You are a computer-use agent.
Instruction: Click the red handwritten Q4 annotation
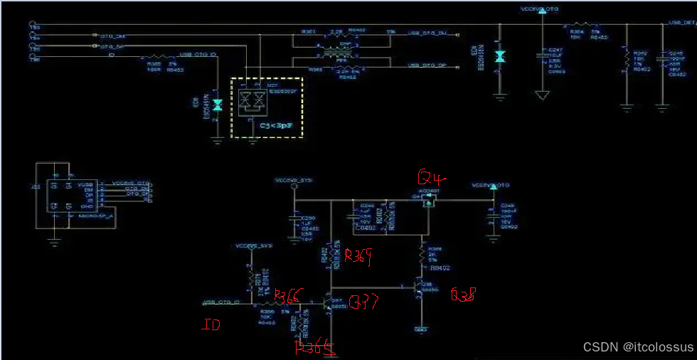coord(430,177)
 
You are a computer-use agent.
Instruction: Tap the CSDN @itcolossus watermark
coord(638,346)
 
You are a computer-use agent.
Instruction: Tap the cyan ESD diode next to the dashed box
coord(218,105)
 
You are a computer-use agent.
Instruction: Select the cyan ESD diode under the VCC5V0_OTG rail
coord(499,55)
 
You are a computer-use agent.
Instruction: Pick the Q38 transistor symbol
coord(417,289)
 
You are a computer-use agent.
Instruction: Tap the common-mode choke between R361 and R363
coord(328,51)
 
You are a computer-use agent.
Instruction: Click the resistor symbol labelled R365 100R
coord(156,58)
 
